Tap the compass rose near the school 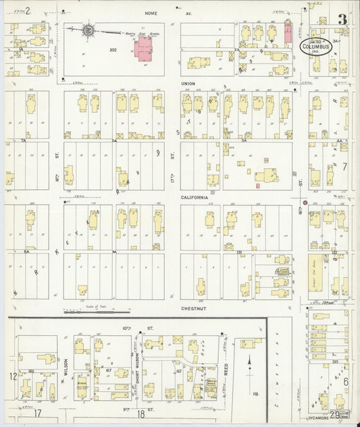click(88, 30)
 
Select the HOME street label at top click(149, 14)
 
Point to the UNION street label click(188, 84)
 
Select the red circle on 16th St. click(305, 202)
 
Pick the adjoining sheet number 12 click(12, 376)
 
